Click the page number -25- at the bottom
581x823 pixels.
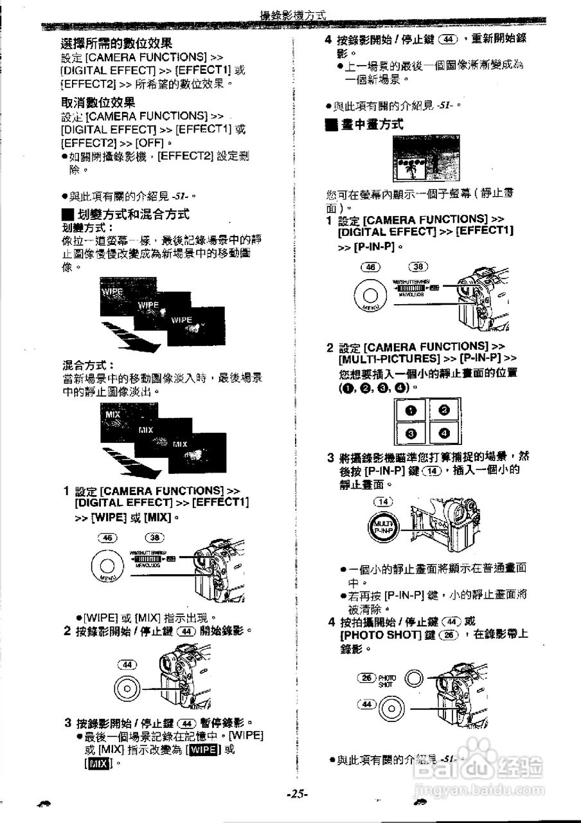(x=297, y=794)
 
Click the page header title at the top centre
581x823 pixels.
(x=292, y=15)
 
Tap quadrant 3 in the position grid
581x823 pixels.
(x=411, y=435)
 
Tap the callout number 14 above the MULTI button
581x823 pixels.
(x=383, y=502)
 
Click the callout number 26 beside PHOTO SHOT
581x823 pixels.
(x=366, y=678)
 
